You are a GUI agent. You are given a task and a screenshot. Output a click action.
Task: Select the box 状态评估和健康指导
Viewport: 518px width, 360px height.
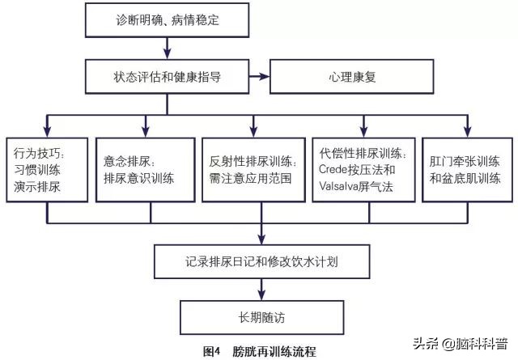pos(167,79)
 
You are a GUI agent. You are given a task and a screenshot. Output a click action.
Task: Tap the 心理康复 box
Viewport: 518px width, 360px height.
pos(339,79)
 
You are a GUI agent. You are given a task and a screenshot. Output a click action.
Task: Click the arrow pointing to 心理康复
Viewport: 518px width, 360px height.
pos(257,79)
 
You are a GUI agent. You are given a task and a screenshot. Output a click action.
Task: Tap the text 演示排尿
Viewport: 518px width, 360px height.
pos(37,185)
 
